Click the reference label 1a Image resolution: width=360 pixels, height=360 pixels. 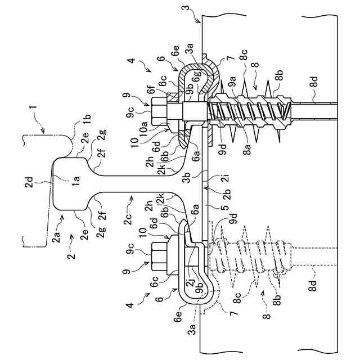click(x=76, y=181)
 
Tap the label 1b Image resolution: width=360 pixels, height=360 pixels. click(x=88, y=120)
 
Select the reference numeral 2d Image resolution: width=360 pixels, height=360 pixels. click(x=30, y=182)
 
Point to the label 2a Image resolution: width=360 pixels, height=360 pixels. click(x=56, y=237)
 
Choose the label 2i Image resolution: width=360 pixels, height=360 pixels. click(x=226, y=178)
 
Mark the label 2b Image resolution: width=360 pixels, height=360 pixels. click(x=226, y=194)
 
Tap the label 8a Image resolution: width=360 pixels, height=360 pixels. click(x=247, y=148)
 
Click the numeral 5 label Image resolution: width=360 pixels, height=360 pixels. click(x=226, y=208)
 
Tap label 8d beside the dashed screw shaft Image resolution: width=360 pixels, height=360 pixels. click(x=313, y=285)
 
